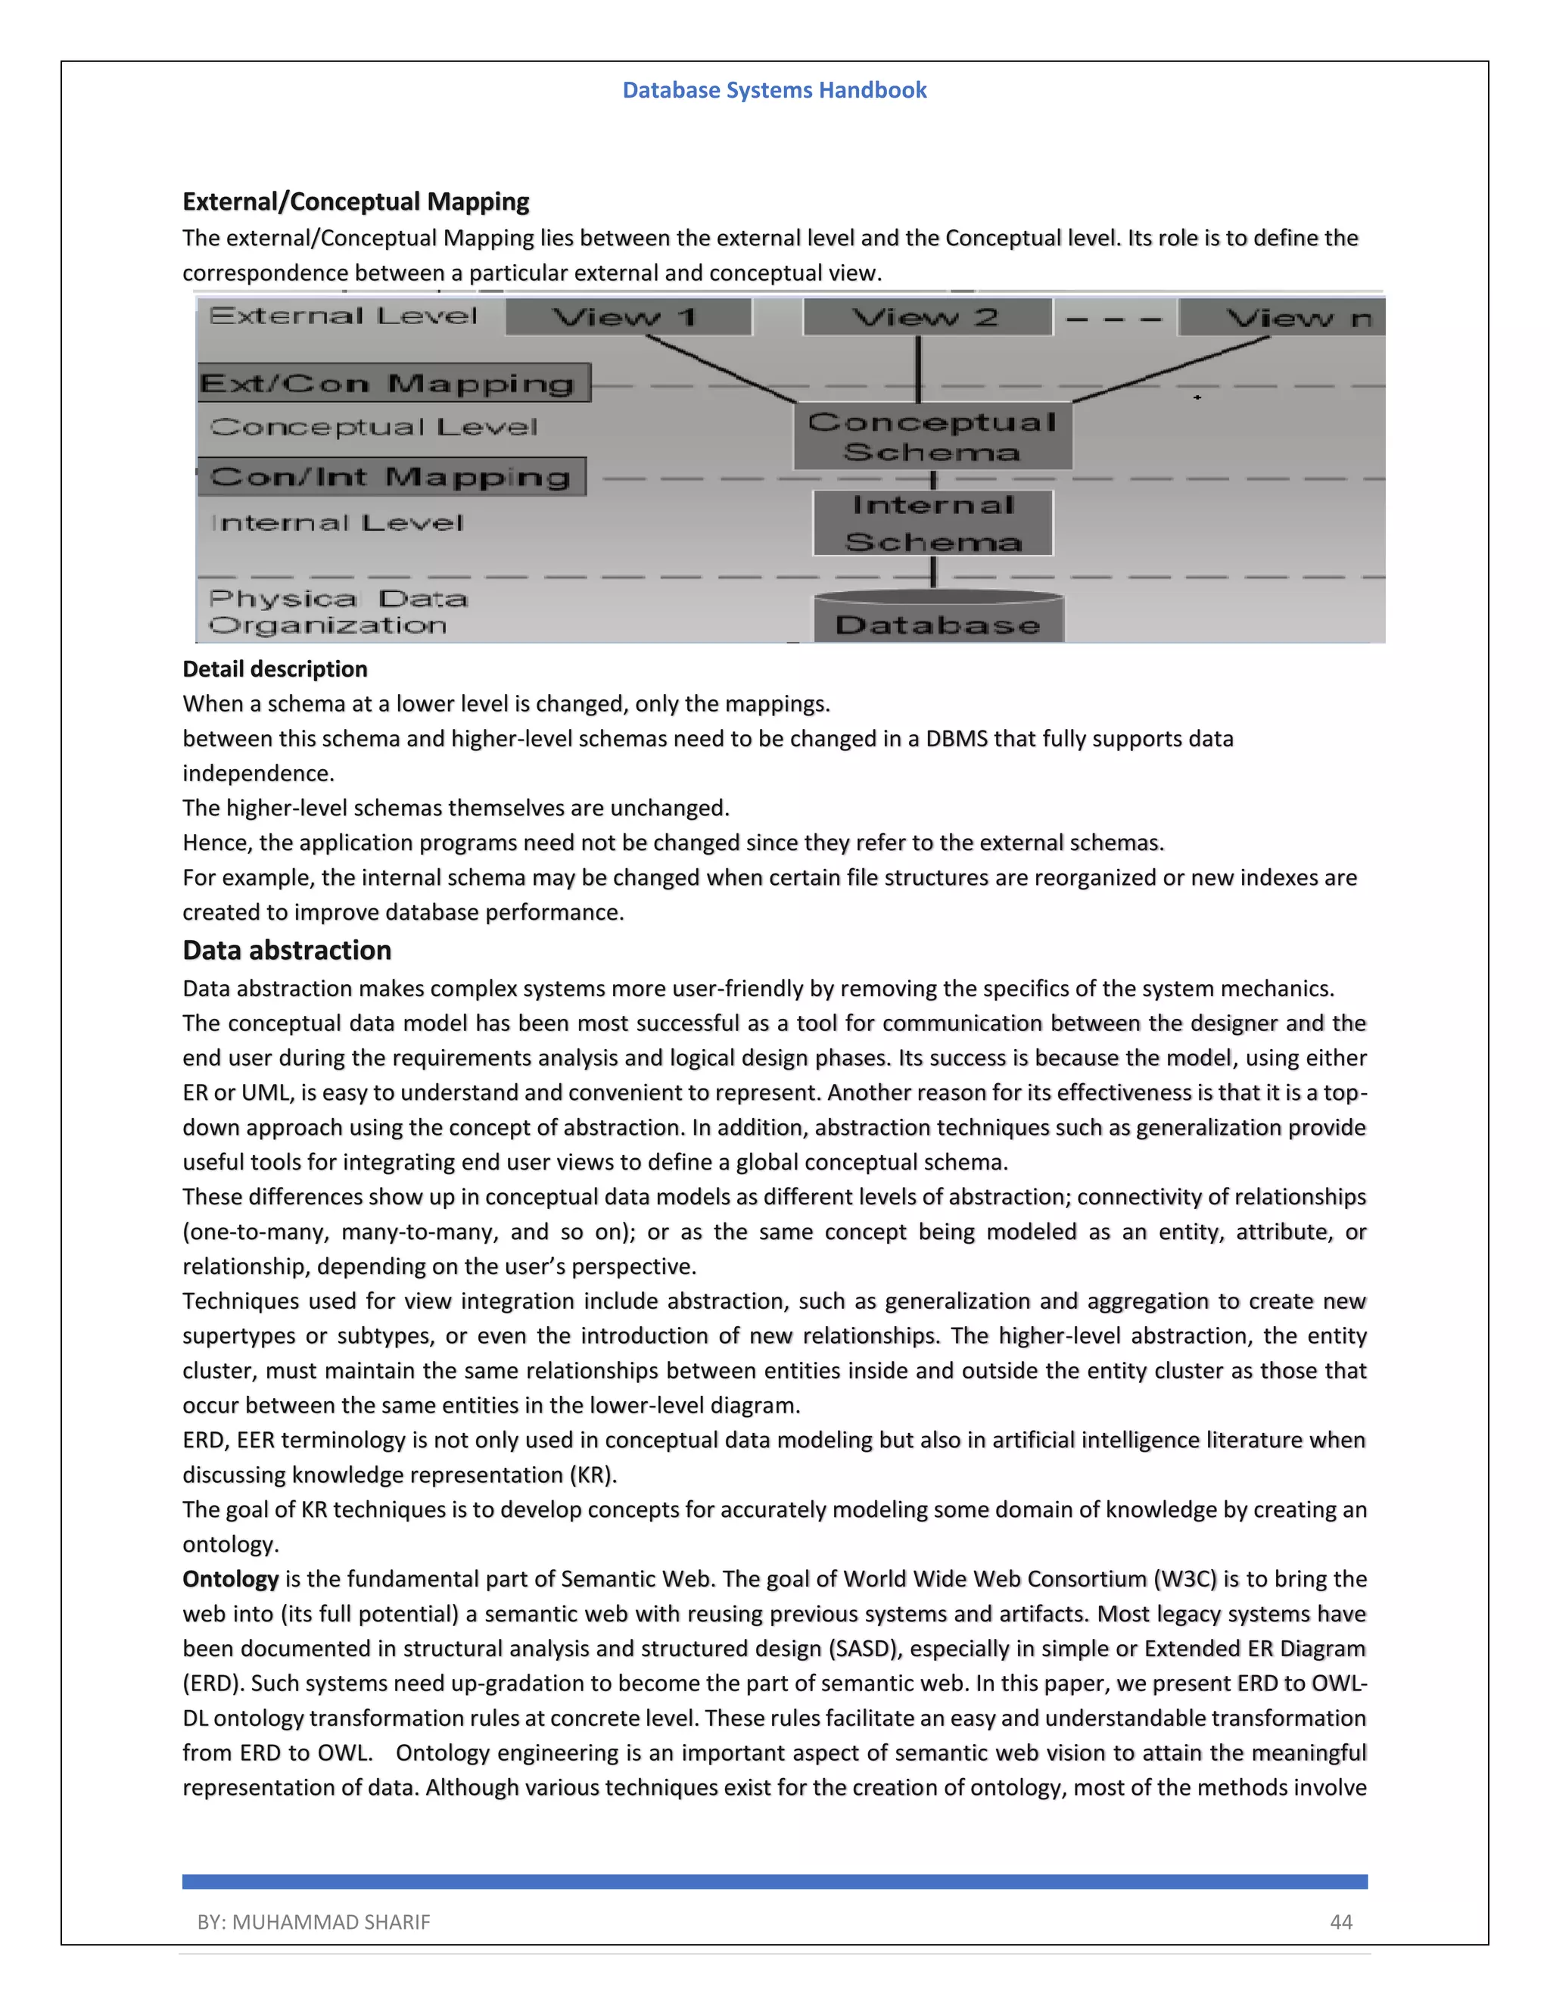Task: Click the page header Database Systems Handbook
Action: [x=774, y=90]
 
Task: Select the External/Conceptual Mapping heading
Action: [x=356, y=201]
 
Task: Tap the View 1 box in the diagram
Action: [x=628, y=317]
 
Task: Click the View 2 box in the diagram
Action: [x=926, y=317]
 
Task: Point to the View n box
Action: [x=1286, y=318]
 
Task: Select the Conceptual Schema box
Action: [x=932, y=436]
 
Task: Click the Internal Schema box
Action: [x=932, y=522]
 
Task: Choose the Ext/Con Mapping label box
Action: [x=393, y=383]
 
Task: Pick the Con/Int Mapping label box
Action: [x=391, y=477]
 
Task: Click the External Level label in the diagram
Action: [x=344, y=316]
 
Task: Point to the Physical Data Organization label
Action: [x=337, y=612]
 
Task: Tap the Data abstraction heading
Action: [x=287, y=950]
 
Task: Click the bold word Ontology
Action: [x=231, y=1579]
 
